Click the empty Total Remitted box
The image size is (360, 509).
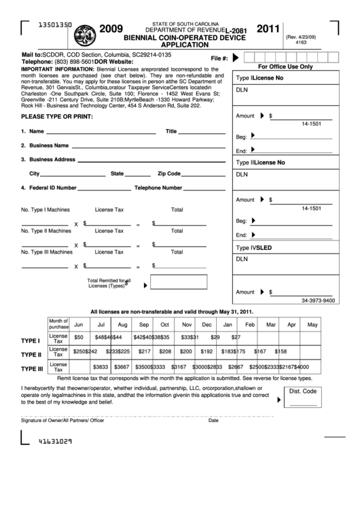pyautogui.click(x=178, y=282)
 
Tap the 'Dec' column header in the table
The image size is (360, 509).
pyautogui.click(x=188, y=325)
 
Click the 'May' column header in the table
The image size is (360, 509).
pyautogui.click(x=312, y=325)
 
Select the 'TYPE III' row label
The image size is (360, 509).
pyautogui.click(x=32, y=369)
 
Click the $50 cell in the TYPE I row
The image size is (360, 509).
pyautogui.click(x=79, y=338)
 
